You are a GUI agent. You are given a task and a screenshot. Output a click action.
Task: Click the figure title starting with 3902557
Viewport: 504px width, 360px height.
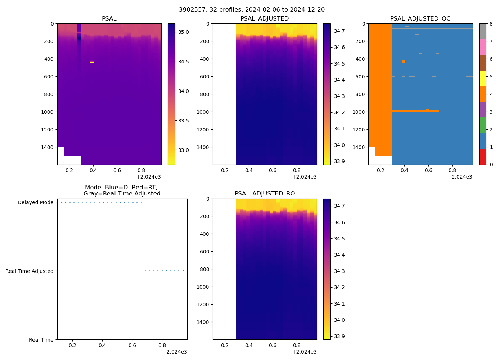pyautogui.click(x=252, y=10)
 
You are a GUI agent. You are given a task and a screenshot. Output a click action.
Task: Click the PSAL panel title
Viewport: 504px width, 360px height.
pyautogui.click(x=109, y=19)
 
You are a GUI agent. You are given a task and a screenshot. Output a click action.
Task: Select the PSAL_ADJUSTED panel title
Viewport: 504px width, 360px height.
pyautogui.click(x=265, y=19)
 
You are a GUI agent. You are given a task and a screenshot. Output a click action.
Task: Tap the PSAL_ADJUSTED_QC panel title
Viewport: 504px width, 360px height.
pyautogui.click(x=420, y=19)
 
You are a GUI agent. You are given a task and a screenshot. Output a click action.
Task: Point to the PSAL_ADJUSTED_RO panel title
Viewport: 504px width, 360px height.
pyautogui.click(x=265, y=194)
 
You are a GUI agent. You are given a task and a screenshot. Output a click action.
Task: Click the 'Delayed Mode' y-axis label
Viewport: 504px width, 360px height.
pyautogui.click(x=35, y=202)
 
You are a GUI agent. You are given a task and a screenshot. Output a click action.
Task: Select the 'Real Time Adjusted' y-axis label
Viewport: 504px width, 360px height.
pyautogui.click(x=30, y=271)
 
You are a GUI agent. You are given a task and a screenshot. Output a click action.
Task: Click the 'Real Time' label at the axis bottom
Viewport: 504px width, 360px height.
pyautogui.click(x=41, y=340)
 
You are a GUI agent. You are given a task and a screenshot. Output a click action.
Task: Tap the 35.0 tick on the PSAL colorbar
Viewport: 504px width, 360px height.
pyautogui.click(x=184, y=32)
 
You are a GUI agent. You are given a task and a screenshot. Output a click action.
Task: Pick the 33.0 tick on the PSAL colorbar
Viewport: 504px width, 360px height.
pyautogui.click(x=184, y=150)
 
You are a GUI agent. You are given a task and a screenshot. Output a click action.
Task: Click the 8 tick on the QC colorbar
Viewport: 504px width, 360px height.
pyautogui.click(x=491, y=24)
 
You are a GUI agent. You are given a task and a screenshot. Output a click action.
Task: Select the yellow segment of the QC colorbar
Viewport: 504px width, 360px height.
pyautogui.click(x=482, y=78)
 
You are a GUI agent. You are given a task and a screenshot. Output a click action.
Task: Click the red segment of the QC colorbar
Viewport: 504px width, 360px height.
pyautogui.click(x=482, y=157)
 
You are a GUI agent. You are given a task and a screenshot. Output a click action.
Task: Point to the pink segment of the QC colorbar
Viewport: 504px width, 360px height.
pyautogui.click(x=482, y=47)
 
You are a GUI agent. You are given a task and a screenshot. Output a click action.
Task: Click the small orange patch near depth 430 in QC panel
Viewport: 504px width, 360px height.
pyautogui.click(x=404, y=62)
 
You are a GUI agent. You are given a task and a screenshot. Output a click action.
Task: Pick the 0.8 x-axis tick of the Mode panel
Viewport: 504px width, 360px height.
pyautogui.click(x=162, y=346)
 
